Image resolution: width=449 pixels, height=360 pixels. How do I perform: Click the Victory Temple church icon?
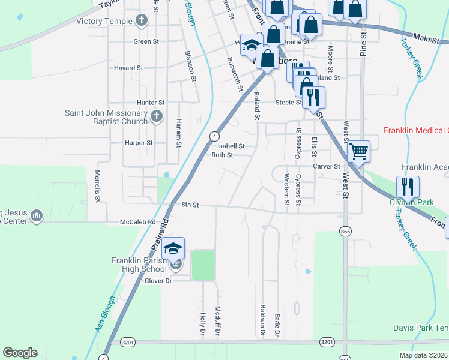tap(141, 21)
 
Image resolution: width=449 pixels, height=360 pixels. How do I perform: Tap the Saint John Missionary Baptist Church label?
tap(106, 117)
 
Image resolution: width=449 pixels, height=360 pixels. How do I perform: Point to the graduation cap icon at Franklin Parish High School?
tap(173, 248)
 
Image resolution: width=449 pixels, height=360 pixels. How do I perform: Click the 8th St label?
tap(190, 205)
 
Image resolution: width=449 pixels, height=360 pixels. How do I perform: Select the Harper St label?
tap(139, 143)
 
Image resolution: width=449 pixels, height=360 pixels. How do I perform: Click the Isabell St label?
tap(231, 146)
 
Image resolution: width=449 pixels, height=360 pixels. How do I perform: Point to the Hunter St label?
tap(150, 103)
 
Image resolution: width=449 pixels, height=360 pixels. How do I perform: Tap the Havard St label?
tap(128, 68)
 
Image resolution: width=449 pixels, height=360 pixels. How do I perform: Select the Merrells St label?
tap(98, 185)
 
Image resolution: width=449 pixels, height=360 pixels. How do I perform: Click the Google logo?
tap(20, 353)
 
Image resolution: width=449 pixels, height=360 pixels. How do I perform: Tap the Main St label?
tap(427, 38)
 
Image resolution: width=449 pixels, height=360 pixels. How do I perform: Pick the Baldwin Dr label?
tap(262, 319)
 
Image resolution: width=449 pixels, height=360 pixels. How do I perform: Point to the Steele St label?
tap(289, 103)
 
